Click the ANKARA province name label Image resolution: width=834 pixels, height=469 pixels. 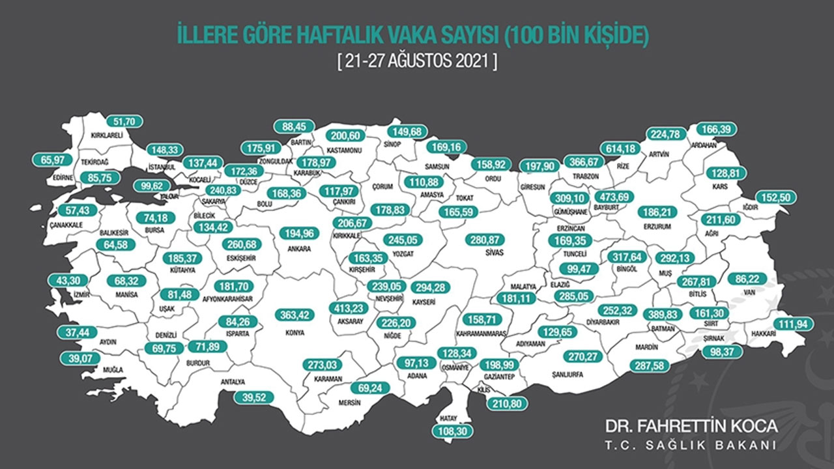tap(299, 248)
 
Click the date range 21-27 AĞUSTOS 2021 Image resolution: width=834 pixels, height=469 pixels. tap(418, 64)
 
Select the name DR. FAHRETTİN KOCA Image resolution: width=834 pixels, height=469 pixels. tap(691, 426)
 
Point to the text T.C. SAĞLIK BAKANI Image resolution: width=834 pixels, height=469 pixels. tap(691, 446)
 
